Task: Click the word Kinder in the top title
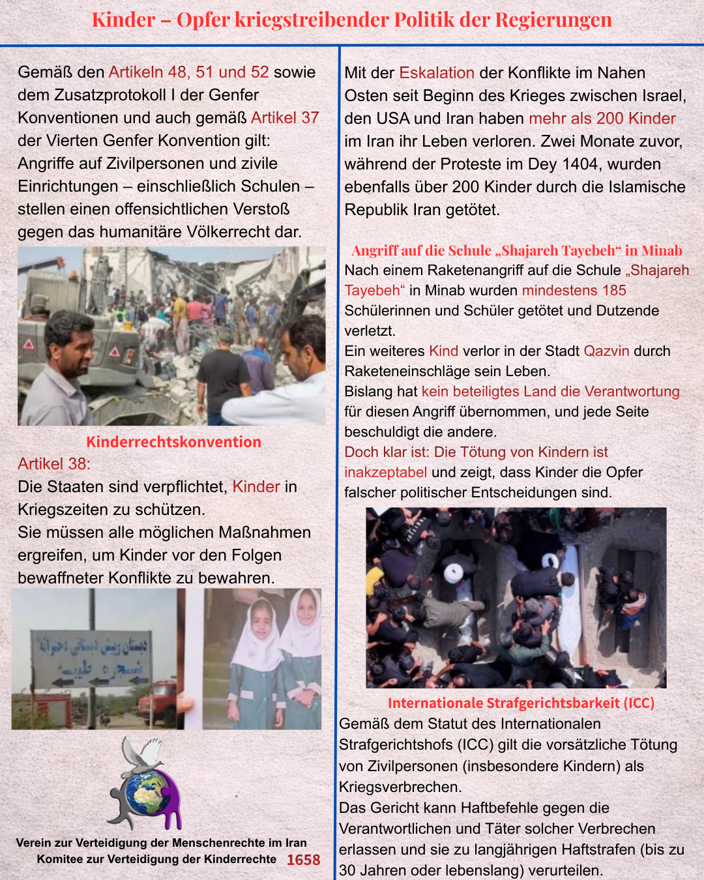[x=123, y=20]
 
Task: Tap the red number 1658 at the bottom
[x=303, y=860]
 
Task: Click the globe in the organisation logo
[x=147, y=791]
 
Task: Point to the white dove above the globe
[x=144, y=753]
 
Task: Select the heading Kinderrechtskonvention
[x=173, y=441]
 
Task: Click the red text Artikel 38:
[x=54, y=463]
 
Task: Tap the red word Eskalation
[x=437, y=72]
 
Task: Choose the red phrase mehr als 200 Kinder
[x=602, y=118]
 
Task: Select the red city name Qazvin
[x=606, y=351]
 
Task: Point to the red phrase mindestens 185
[x=574, y=290]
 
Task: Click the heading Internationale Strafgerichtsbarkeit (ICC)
[x=521, y=703]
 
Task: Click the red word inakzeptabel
[x=385, y=472]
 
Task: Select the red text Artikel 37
[x=285, y=117]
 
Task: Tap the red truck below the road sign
[x=158, y=703]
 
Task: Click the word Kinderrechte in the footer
[x=240, y=859]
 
